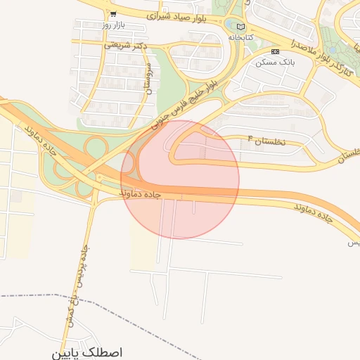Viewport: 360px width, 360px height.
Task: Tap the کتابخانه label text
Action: tap(240, 37)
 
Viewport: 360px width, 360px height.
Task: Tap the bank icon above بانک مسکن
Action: tap(275, 51)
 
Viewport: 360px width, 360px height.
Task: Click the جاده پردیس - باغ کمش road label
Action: tap(79, 281)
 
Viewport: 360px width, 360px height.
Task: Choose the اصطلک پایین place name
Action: tap(87, 352)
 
